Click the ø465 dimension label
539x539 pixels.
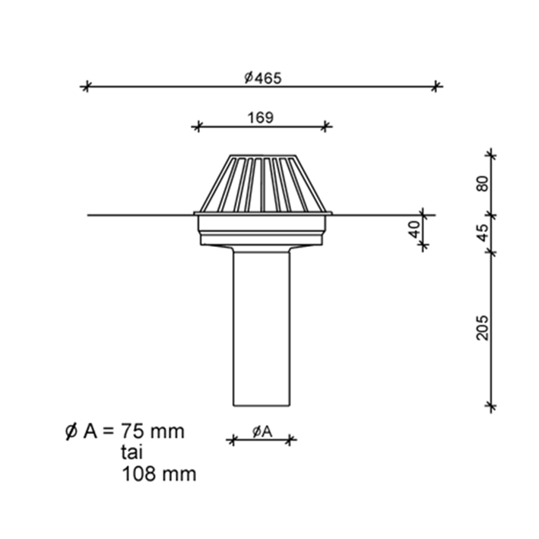(263, 78)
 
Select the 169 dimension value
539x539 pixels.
(261, 118)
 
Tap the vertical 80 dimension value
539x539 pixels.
(482, 183)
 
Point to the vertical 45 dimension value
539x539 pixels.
(483, 233)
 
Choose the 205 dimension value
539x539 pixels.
(482, 328)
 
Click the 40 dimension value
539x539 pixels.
(415, 230)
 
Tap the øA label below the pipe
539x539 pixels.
(262, 432)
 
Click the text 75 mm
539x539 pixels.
(152, 431)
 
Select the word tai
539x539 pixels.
(132, 452)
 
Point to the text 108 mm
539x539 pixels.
(159, 474)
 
